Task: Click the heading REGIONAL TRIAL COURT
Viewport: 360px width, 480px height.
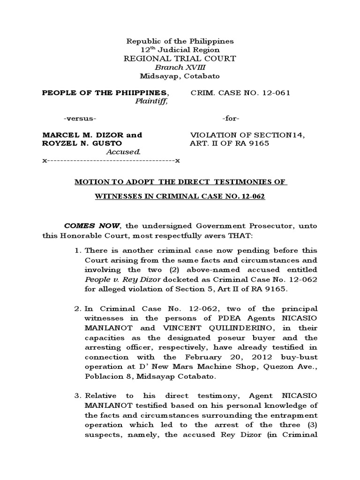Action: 180,59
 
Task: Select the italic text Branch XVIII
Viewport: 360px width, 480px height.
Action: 180,67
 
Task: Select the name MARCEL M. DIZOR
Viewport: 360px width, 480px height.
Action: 78,135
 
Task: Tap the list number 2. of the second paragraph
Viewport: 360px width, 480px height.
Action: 78,308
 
